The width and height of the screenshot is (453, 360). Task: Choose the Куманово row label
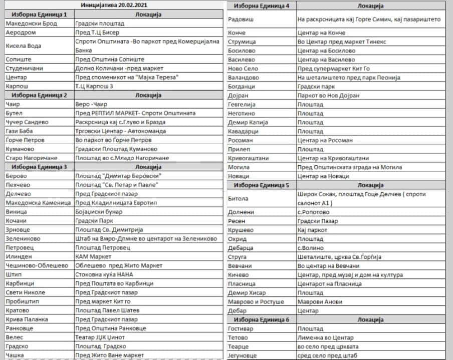(22, 149)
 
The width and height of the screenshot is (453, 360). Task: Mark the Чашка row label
(16, 355)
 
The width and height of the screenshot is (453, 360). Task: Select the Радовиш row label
(244, 19)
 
